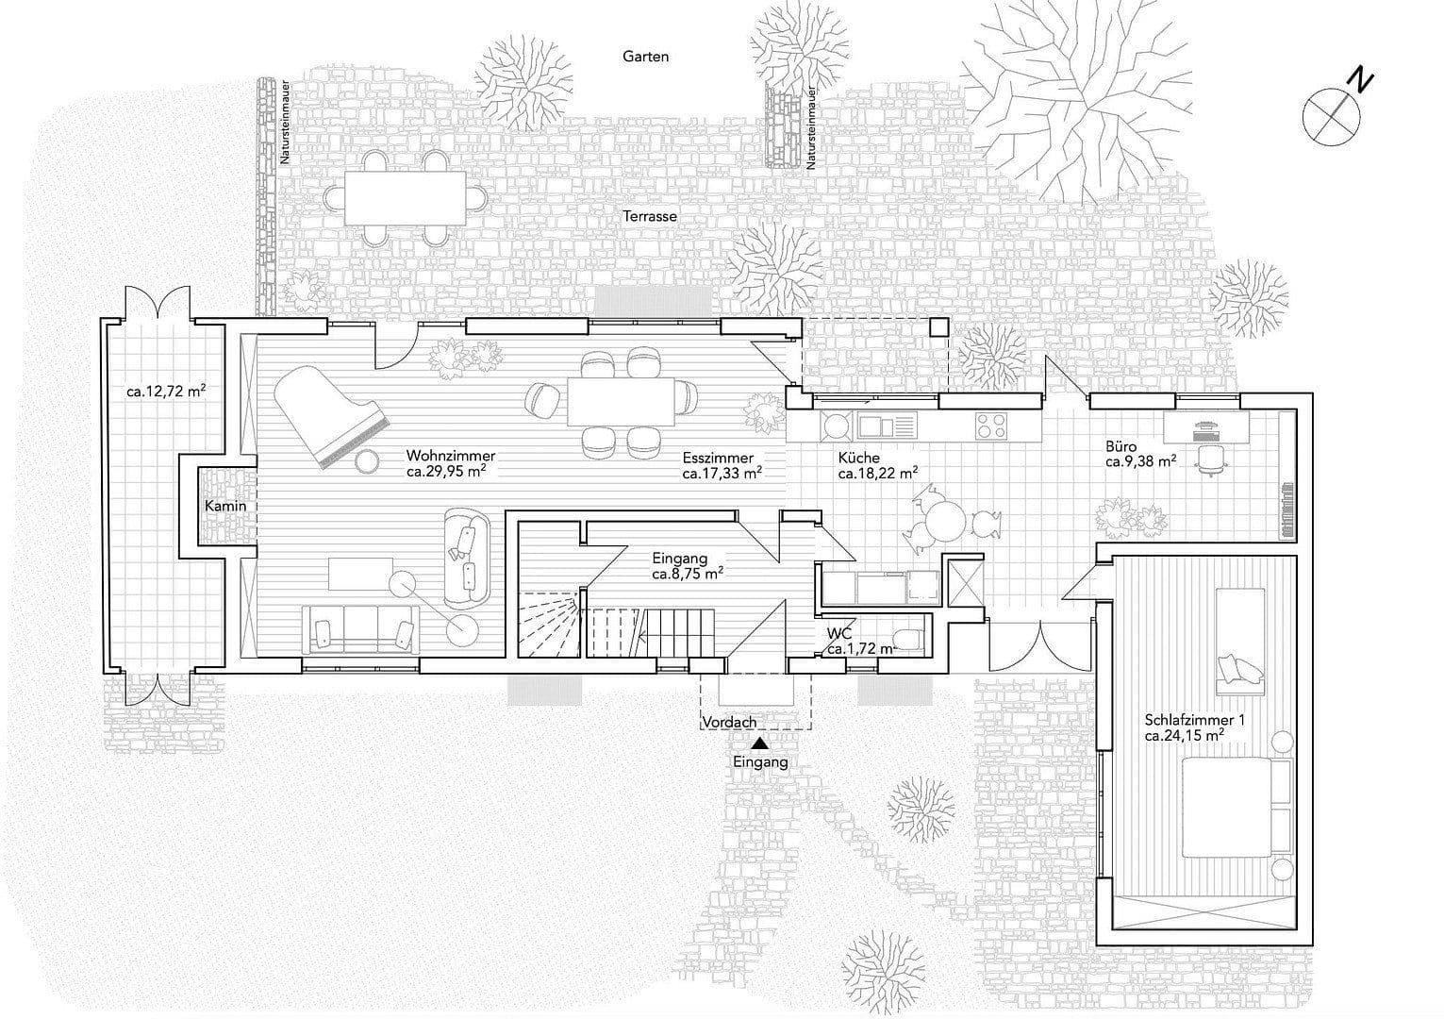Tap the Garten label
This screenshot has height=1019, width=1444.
(645, 57)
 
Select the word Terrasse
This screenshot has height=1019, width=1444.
(650, 216)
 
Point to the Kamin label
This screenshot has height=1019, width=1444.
(225, 507)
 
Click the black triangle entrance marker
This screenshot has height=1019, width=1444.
(761, 743)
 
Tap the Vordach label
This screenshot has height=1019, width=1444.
(729, 723)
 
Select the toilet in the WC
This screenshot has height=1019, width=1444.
(909, 640)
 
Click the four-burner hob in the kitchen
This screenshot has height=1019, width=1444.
(991, 426)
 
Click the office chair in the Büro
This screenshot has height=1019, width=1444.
(1211, 460)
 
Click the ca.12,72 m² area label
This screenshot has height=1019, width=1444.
(166, 391)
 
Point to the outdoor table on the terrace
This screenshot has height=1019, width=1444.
(405, 198)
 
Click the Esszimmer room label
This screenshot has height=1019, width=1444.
(718, 458)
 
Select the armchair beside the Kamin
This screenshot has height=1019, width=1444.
(468, 559)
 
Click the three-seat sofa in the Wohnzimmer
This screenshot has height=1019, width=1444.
(360, 629)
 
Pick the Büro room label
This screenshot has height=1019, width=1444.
(1121, 446)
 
